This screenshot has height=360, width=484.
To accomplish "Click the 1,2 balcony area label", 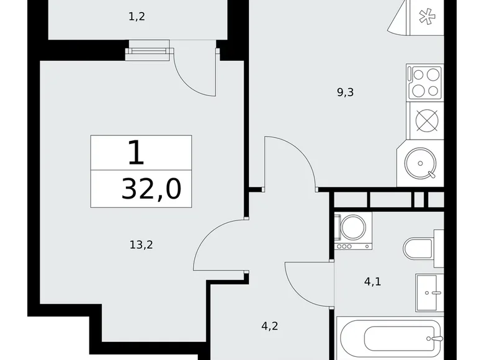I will tap(137, 17).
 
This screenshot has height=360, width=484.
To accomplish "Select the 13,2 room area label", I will tap(141, 245).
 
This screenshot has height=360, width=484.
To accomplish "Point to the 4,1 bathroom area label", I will tap(372, 282).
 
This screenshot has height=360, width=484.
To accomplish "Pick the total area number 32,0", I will tap(151, 188).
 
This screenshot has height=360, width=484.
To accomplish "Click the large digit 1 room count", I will tap(136, 152).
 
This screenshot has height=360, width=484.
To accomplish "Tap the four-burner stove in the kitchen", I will tap(425, 82).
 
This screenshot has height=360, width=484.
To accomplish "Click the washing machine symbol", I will tap(353, 230).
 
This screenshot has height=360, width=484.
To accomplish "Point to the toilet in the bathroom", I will tap(422, 248).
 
